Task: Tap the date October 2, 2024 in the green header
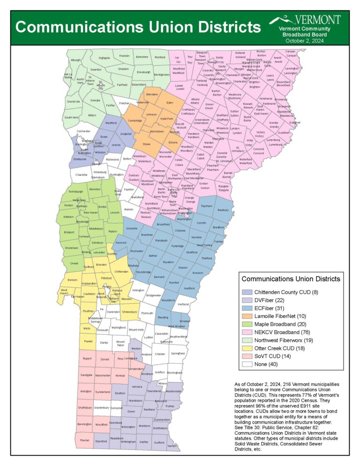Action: pos(305,40)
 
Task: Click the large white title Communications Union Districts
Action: pos(138,26)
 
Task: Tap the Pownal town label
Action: pos(85,441)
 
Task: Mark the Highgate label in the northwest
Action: pos(104,58)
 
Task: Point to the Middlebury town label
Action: pos(96,228)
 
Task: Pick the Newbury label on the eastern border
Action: pos(223,210)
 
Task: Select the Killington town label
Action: pos(138,290)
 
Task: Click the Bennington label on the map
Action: pos(85,424)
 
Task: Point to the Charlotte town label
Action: pos(82,175)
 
